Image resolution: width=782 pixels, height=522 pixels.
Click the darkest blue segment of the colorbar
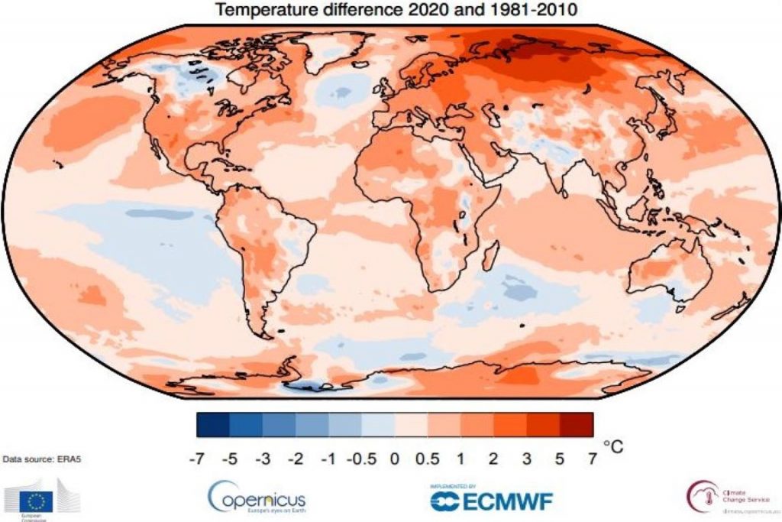click(x=213, y=424)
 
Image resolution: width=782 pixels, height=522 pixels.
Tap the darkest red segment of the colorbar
click(x=577, y=424)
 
